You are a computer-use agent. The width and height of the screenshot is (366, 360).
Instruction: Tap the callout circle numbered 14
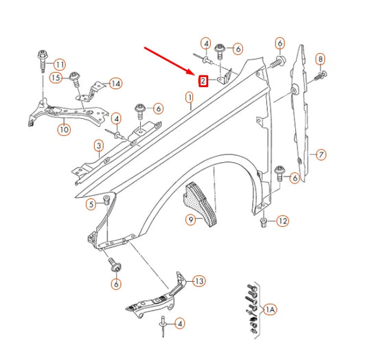[x=115, y=83]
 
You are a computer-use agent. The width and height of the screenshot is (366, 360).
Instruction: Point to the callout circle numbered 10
[x=62, y=128]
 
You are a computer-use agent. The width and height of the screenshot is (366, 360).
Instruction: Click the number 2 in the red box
[x=203, y=82]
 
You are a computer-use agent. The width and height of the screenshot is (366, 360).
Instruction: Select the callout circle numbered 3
[x=99, y=145]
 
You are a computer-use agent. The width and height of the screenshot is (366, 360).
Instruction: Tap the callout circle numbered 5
[x=91, y=204]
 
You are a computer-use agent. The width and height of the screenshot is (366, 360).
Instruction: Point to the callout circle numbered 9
[x=190, y=221]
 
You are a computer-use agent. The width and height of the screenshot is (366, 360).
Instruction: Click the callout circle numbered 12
[x=283, y=221]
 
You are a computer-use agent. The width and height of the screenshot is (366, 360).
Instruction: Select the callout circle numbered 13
[x=199, y=280]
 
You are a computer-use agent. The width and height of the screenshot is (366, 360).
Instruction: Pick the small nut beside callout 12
[x=264, y=222]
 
